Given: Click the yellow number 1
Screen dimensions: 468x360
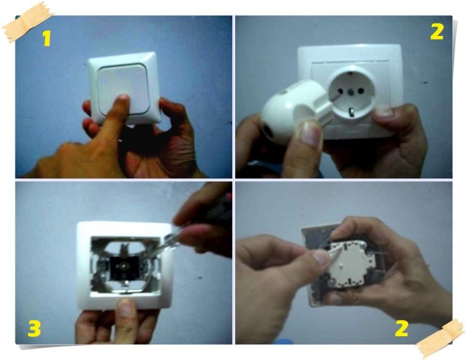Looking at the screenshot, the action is [47, 38].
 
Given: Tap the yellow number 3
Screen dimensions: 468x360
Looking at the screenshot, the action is [34, 328].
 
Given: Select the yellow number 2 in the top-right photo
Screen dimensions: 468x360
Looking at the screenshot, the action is [437, 32].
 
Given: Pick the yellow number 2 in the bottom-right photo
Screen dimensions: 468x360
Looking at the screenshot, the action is [401, 328].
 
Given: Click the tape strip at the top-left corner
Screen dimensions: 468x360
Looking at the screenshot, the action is [28, 22].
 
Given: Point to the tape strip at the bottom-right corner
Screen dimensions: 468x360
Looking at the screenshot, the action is [439, 338].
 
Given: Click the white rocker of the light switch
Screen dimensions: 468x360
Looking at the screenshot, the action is [122, 89].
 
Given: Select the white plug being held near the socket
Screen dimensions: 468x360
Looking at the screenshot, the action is [295, 111].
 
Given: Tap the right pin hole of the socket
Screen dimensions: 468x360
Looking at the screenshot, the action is [360, 90].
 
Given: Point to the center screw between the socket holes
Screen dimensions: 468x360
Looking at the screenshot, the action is [350, 89].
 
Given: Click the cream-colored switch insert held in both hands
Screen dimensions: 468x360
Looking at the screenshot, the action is [347, 263].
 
